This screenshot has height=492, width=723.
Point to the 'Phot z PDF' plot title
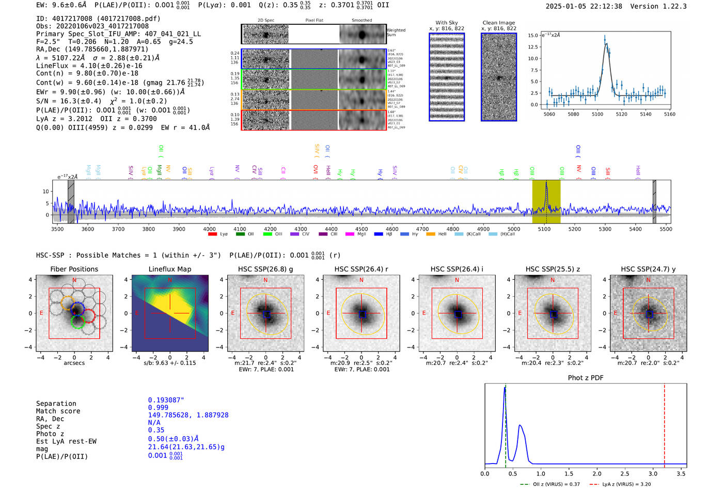tap(586, 377)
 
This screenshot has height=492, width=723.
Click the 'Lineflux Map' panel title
tap(170, 269)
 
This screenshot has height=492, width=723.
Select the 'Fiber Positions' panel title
tap(74, 269)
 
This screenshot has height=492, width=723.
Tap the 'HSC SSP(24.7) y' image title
tap(648, 269)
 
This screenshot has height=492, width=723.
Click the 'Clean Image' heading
tap(498, 23)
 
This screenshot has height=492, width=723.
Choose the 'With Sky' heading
tap(447, 23)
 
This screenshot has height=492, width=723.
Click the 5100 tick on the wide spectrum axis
tap(544, 229)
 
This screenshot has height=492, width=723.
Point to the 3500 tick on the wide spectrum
tap(57, 229)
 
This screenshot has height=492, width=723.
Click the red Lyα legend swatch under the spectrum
tap(212, 234)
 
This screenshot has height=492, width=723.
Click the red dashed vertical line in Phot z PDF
tap(664, 423)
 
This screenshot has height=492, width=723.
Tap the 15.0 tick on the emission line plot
tap(533, 36)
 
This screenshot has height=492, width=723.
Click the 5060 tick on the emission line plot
tap(549, 114)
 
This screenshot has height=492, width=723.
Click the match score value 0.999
tap(158, 407)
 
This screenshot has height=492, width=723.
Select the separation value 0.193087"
tap(166, 400)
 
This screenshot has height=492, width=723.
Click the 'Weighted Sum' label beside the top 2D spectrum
tap(396, 33)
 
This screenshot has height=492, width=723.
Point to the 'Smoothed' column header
tap(361, 20)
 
